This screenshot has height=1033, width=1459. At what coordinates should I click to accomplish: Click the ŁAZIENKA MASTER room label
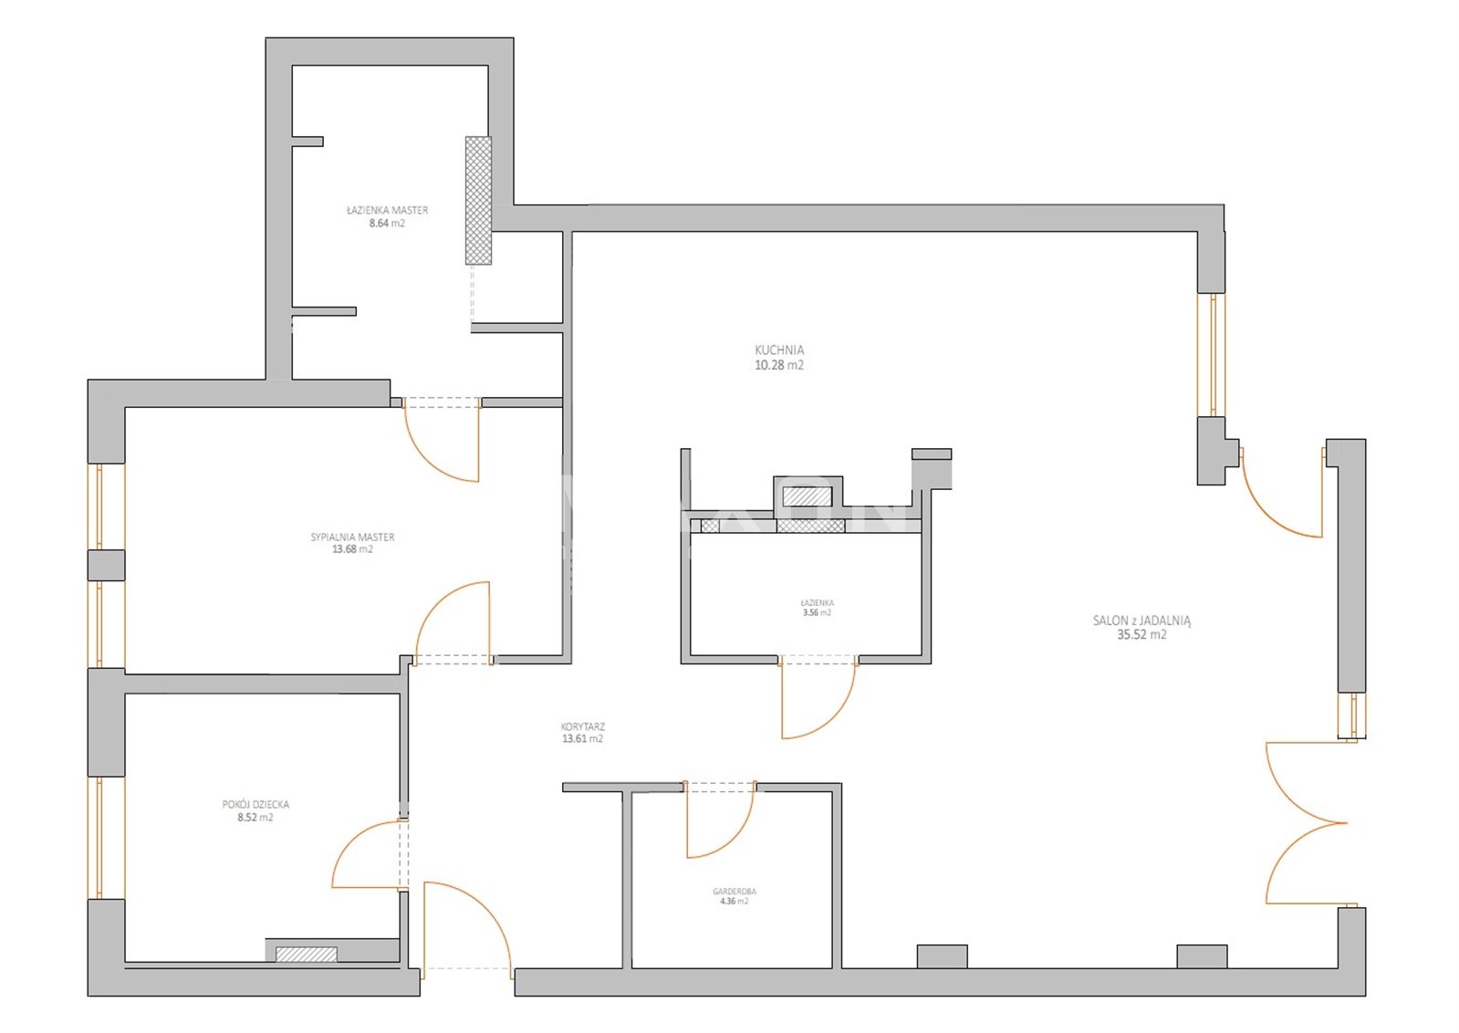(x=387, y=211)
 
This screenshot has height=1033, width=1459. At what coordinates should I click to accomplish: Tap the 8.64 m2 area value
(x=387, y=224)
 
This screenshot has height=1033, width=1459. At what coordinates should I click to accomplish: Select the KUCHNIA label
(x=779, y=350)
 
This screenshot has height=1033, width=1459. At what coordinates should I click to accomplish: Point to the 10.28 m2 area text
(x=779, y=365)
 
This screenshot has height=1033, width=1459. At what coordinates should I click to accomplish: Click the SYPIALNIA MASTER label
(x=352, y=537)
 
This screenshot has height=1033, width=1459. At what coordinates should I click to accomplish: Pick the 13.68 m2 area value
(x=352, y=549)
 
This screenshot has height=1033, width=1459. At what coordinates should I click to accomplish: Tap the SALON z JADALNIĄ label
(x=1141, y=621)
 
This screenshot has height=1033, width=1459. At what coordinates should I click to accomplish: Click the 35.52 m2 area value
(x=1141, y=635)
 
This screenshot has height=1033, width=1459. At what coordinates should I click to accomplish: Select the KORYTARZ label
(x=583, y=727)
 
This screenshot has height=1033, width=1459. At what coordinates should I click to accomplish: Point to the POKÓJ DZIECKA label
(x=255, y=805)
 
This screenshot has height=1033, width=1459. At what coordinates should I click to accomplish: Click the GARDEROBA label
(x=734, y=892)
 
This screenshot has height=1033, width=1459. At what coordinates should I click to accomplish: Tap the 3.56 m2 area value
(x=817, y=613)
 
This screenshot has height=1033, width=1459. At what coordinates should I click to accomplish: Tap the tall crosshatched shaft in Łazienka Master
(x=478, y=200)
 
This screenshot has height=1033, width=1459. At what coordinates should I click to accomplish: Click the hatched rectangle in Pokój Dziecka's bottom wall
(x=307, y=955)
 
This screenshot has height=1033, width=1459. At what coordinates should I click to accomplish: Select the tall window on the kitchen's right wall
(x=1211, y=355)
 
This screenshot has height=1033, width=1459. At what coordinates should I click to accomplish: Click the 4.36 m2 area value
(x=734, y=903)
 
